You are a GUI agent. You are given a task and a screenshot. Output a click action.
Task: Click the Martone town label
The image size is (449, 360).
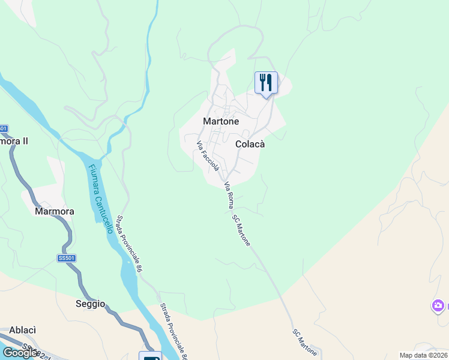point(221,121)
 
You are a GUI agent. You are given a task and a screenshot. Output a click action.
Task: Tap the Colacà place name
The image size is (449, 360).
point(250,144)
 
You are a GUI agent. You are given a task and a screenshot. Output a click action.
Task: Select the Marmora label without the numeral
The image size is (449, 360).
point(54,211)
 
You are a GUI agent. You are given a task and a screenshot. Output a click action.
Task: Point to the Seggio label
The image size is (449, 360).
point(91,304)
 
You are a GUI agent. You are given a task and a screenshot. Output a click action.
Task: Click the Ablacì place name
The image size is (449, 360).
point(23,330)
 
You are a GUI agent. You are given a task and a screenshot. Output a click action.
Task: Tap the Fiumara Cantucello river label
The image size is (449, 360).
point(100,199)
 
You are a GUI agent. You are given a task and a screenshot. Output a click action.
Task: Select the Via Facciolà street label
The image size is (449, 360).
point(208,156)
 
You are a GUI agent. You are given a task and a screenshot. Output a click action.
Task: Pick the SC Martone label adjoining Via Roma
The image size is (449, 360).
point(241,230)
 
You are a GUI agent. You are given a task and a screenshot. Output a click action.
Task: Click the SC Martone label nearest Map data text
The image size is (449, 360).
point(304,341)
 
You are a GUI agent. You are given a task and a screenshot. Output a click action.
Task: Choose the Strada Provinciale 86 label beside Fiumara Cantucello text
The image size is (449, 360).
point(129,245)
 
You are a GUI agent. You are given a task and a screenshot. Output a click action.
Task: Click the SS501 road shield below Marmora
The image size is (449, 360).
point(67,258)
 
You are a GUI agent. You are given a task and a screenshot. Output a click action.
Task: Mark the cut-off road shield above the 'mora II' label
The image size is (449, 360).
point(4,128)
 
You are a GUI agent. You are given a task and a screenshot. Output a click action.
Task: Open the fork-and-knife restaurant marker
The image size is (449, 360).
point(266,83)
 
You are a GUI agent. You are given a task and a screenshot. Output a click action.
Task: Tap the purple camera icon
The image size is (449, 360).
point(439,306)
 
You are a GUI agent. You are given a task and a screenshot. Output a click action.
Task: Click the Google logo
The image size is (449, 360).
point(20,353)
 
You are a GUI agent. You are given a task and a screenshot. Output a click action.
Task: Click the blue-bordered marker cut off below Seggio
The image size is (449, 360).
point(150,356)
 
